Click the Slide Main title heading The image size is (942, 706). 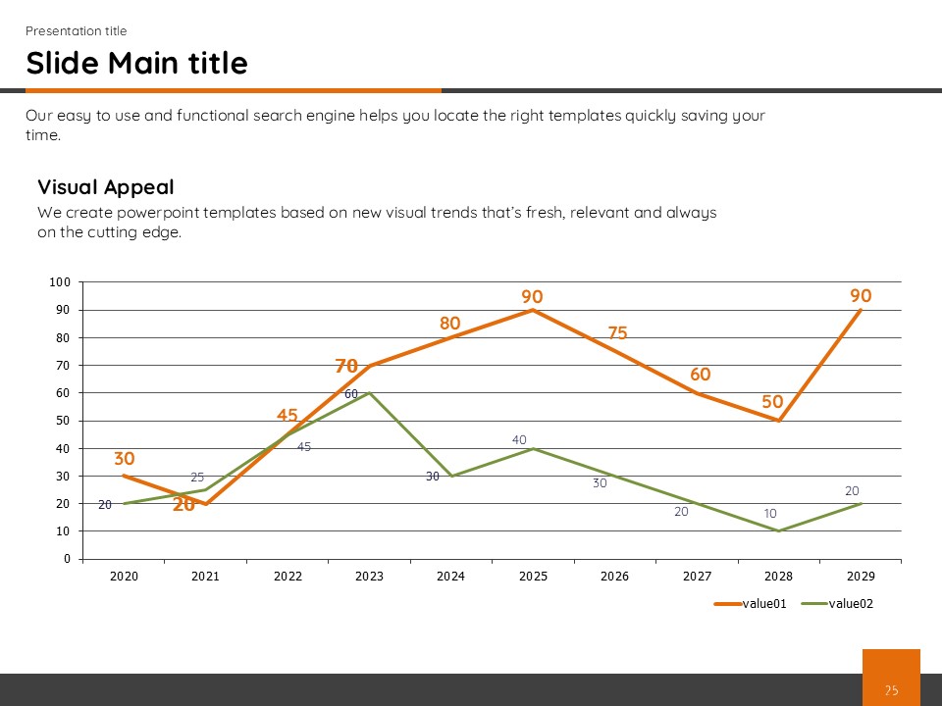pyautogui.click(x=136, y=63)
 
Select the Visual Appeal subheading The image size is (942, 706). pyautogui.click(x=106, y=187)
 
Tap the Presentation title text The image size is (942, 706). pyautogui.click(x=76, y=30)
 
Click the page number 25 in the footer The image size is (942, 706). pyautogui.click(x=891, y=690)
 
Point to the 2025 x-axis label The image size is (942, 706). pyautogui.click(x=532, y=577)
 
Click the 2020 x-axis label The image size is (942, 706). pyautogui.click(x=124, y=577)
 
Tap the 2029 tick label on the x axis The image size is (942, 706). pyautogui.click(x=860, y=577)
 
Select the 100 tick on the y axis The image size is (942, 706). pyautogui.click(x=60, y=282)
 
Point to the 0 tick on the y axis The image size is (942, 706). pyautogui.click(x=67, y=559)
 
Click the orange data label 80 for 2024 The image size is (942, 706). pyautogui.click(x=450, y=323)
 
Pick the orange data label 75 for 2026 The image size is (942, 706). pyautogui.click(x=617, y=333)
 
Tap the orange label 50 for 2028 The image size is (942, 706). pyautogui.click(x=773, y=402)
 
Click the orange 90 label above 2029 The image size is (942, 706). pyautogui.click(x=861, y=295)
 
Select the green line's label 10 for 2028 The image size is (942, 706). pyautogui.click(x=771, y=513)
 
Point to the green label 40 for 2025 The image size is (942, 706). pyautogui.click(x=519, y=440)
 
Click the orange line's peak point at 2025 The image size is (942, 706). pyautogui.click(x=532, y=310)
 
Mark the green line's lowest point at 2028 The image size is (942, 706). pyautogui.click(x=778, y=530)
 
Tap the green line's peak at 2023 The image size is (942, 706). pyautogui.click(x=369, y=392)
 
